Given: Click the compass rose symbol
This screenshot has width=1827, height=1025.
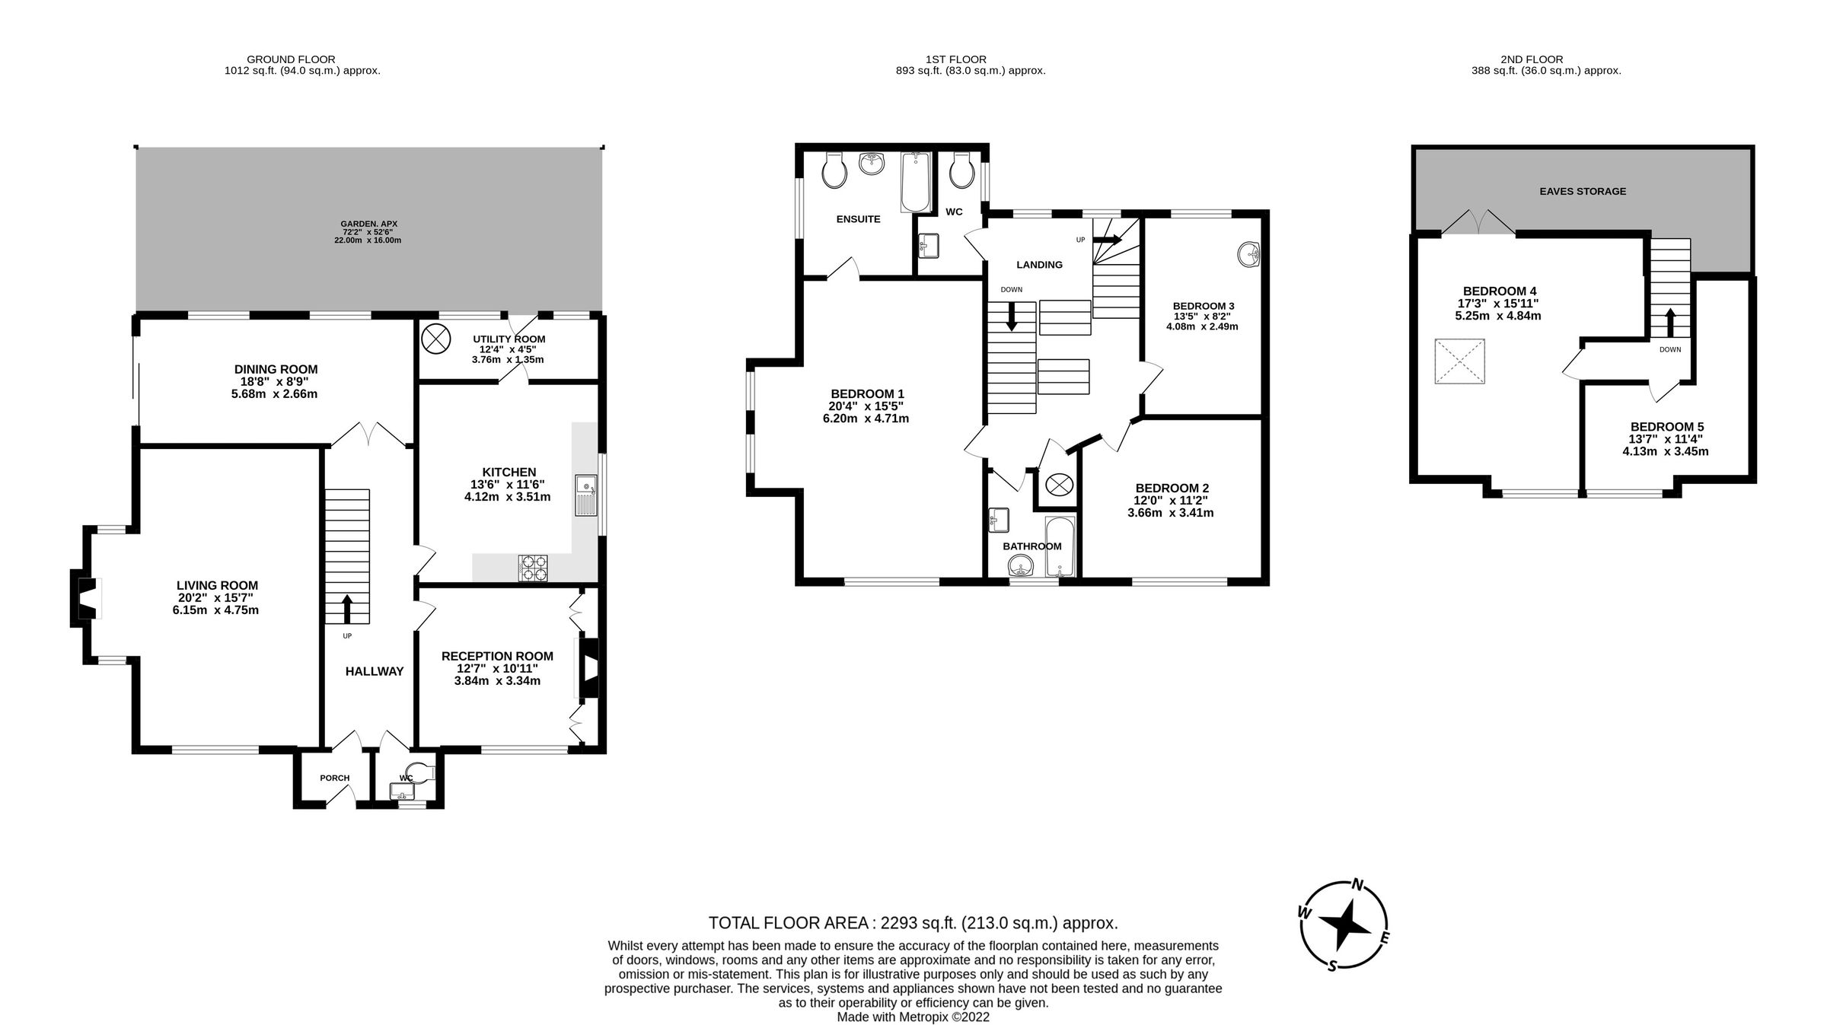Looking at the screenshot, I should point(1344,925).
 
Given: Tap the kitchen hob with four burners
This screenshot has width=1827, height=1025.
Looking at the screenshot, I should point(533,568).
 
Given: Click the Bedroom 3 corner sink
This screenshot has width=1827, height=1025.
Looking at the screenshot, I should point(1249,254).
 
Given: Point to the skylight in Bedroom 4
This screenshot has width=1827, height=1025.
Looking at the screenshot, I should point(1459,361).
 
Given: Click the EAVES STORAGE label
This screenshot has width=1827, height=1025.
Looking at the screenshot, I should point(1583,191).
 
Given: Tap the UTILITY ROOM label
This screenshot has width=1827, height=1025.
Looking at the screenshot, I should point(509,339).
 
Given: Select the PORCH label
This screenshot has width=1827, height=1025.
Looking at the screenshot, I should point(334,778).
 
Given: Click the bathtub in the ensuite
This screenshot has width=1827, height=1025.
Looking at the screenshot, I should point(915,182).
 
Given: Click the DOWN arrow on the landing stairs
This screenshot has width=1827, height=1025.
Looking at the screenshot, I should point(1012,317).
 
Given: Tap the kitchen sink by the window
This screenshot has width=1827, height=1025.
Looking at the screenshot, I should point(587,495).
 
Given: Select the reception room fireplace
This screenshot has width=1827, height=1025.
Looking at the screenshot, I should point(588,668).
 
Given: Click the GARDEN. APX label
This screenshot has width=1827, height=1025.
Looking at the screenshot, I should point(368,224).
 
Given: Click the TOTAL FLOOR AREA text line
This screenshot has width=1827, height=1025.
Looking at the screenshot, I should point(913,923).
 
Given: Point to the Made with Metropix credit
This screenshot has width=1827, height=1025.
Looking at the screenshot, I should point(913,1017).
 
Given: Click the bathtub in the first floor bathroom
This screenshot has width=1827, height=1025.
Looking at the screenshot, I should point(1060,547).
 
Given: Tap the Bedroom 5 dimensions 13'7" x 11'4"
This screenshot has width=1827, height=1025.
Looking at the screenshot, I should point(1665,439).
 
